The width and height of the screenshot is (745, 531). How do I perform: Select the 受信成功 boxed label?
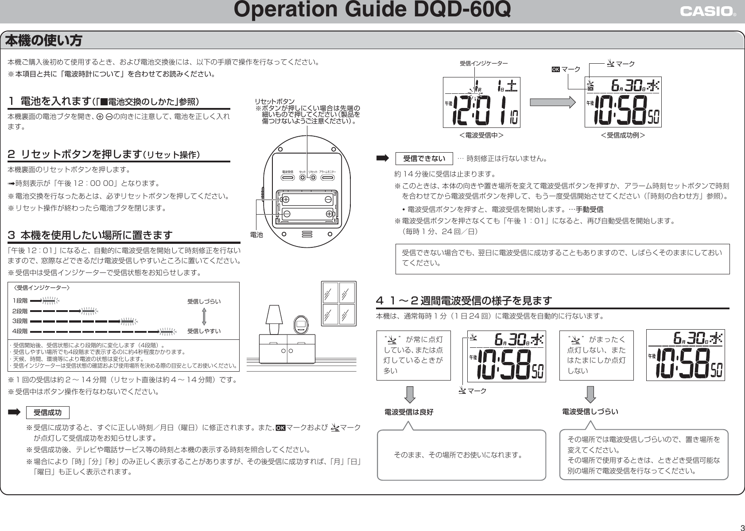[x=48, y=413]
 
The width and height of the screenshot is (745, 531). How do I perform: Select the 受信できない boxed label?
[x=424, y=158]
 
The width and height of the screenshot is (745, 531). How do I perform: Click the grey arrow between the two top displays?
[x=552, y=102]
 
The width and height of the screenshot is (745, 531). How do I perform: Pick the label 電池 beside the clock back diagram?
[x=256, y=235]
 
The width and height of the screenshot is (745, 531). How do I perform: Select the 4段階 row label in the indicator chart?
[x=20, y=331]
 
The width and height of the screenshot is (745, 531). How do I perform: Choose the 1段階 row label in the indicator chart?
[x=20, y=301]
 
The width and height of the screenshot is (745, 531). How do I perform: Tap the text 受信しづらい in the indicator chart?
[x=204, y=301]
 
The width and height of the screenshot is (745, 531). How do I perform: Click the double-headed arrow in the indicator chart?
[x=204, y=316]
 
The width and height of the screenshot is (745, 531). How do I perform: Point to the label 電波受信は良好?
[x=409, y=412]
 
